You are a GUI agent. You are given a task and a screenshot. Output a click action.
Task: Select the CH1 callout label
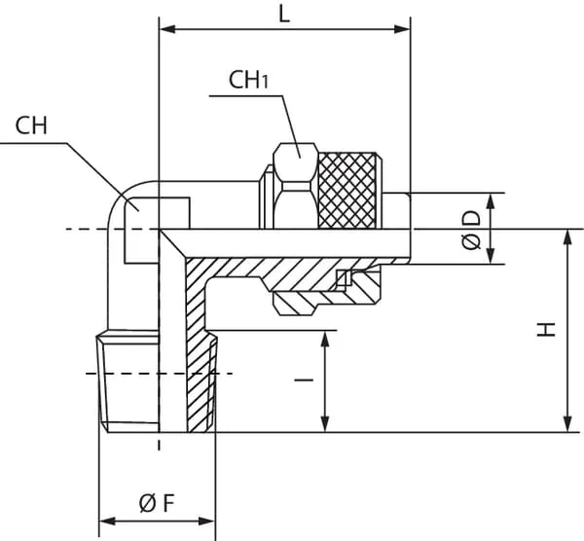click(248, 79)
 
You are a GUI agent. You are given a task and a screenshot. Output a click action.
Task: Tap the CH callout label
click(31, 126)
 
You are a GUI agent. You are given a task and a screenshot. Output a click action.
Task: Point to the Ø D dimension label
click(472, 230)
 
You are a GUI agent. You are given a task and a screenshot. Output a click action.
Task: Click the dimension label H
click(547, 329)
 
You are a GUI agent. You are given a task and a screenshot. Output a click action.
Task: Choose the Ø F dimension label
click(156, 503)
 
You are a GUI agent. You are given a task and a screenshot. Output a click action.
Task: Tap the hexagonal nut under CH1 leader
click(294, 185)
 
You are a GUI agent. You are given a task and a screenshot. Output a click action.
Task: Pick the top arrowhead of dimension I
click(324, 337)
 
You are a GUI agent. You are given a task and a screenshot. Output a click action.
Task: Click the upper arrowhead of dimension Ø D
click(491, 200)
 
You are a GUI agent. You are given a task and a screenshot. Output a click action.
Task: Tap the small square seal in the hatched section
click(342, 280)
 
